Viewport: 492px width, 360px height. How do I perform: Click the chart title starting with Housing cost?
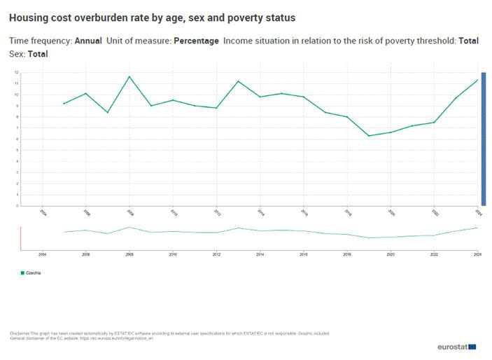(x=152, y=17)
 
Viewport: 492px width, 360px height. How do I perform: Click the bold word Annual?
(x=87, y=41)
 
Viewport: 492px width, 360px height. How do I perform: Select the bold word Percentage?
(x=196, y=41)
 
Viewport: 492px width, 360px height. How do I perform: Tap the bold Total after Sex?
(x=37, y=53)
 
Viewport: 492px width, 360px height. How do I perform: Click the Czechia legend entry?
(x=31, y=272)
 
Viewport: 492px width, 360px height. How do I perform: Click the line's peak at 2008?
(x=129, y=76)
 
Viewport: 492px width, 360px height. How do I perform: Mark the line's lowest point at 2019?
(x=369, y=136)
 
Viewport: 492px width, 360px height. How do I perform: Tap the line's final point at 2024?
(x=478, y=79)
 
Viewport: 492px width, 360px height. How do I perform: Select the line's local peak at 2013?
(x=238, y=81)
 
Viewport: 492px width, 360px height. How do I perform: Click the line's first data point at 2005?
(x=64, y=104)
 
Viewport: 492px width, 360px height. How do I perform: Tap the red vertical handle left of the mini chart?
(x=21, y=237)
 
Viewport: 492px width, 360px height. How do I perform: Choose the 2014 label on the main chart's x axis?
(x=260, y=212)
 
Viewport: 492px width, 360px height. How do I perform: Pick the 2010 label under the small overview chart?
(x=173, y=254)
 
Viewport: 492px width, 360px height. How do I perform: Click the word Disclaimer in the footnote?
(x=20, y=333)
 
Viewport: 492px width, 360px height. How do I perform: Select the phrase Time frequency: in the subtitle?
(x=40, y=41)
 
